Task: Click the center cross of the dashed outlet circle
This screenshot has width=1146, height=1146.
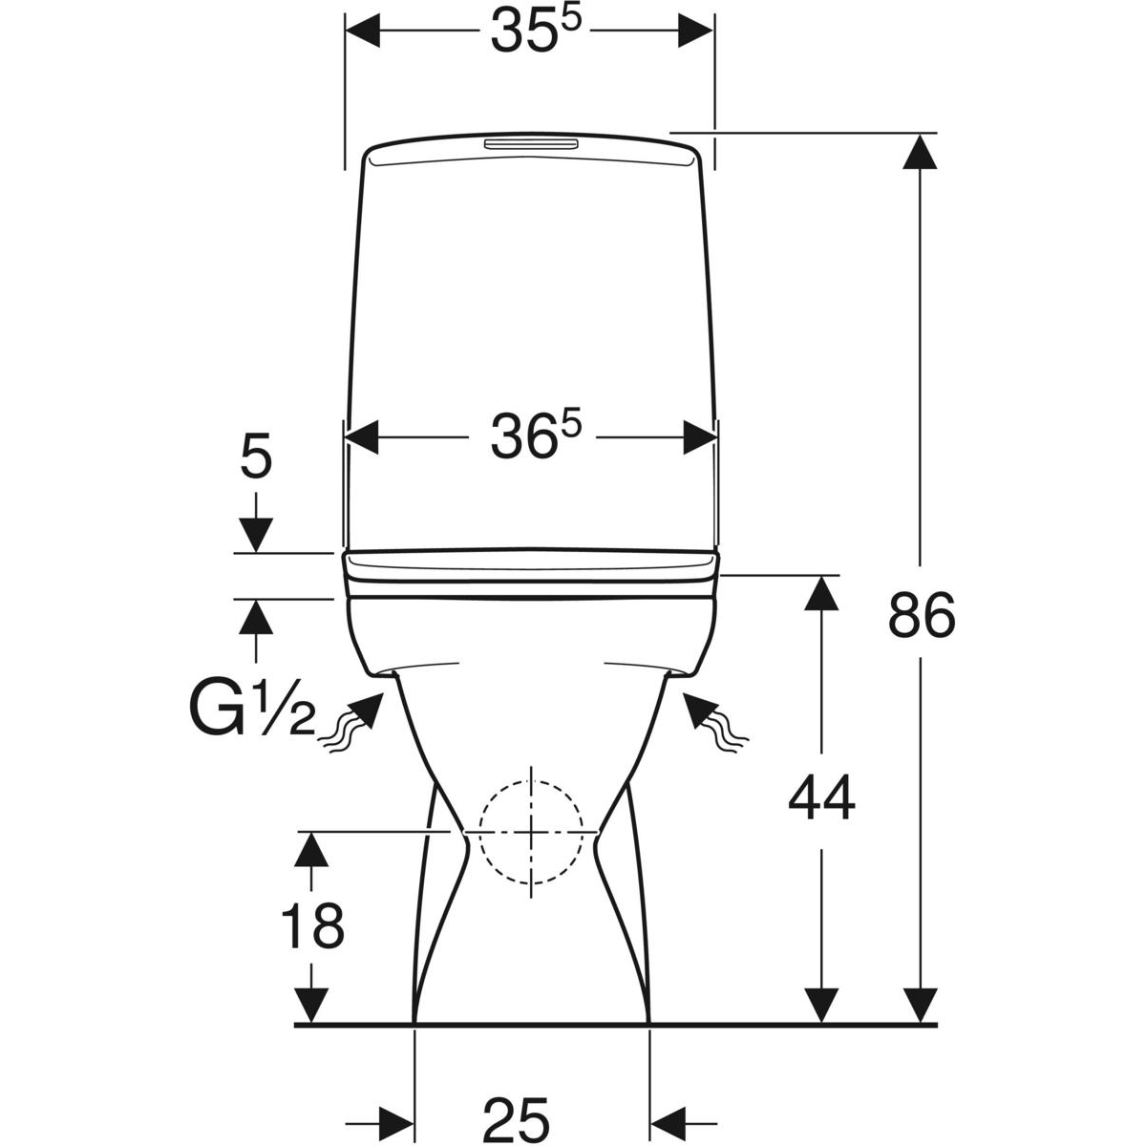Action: [x=531, y=831]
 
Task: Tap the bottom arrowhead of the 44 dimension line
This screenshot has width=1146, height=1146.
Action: [x=821, y=1008]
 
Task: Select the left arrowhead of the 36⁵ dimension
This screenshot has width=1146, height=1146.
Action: [x=361, y=438]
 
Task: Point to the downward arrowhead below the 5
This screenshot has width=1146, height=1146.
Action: [x=255, y=533]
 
